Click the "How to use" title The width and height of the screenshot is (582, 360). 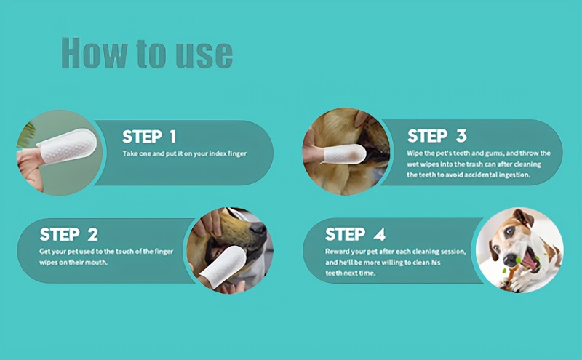[x=147, y=53]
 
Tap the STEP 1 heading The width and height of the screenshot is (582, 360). [x=149, y=137]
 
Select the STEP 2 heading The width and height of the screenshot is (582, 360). [x=69, y=235]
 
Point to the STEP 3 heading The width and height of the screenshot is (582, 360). [x=437, y=136]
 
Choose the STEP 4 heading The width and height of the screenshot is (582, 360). [x=355, y=234]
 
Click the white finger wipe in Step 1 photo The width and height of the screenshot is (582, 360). [x=67, y=147]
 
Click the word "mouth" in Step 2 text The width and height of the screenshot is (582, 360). [x=97, y=263]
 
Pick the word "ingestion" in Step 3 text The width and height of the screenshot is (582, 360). [x=515, y=175]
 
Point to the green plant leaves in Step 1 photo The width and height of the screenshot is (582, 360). [x=26, y=135]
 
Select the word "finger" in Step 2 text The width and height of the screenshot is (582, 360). [x=164, y=252]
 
